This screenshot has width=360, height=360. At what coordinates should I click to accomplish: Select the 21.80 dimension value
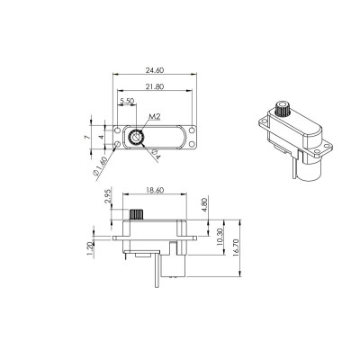(154, 86)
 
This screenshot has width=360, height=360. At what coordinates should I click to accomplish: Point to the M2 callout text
(154, 116)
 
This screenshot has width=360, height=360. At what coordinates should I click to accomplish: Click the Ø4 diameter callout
(155, 156)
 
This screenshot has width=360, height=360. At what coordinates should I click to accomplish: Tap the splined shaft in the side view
(139, 216)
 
